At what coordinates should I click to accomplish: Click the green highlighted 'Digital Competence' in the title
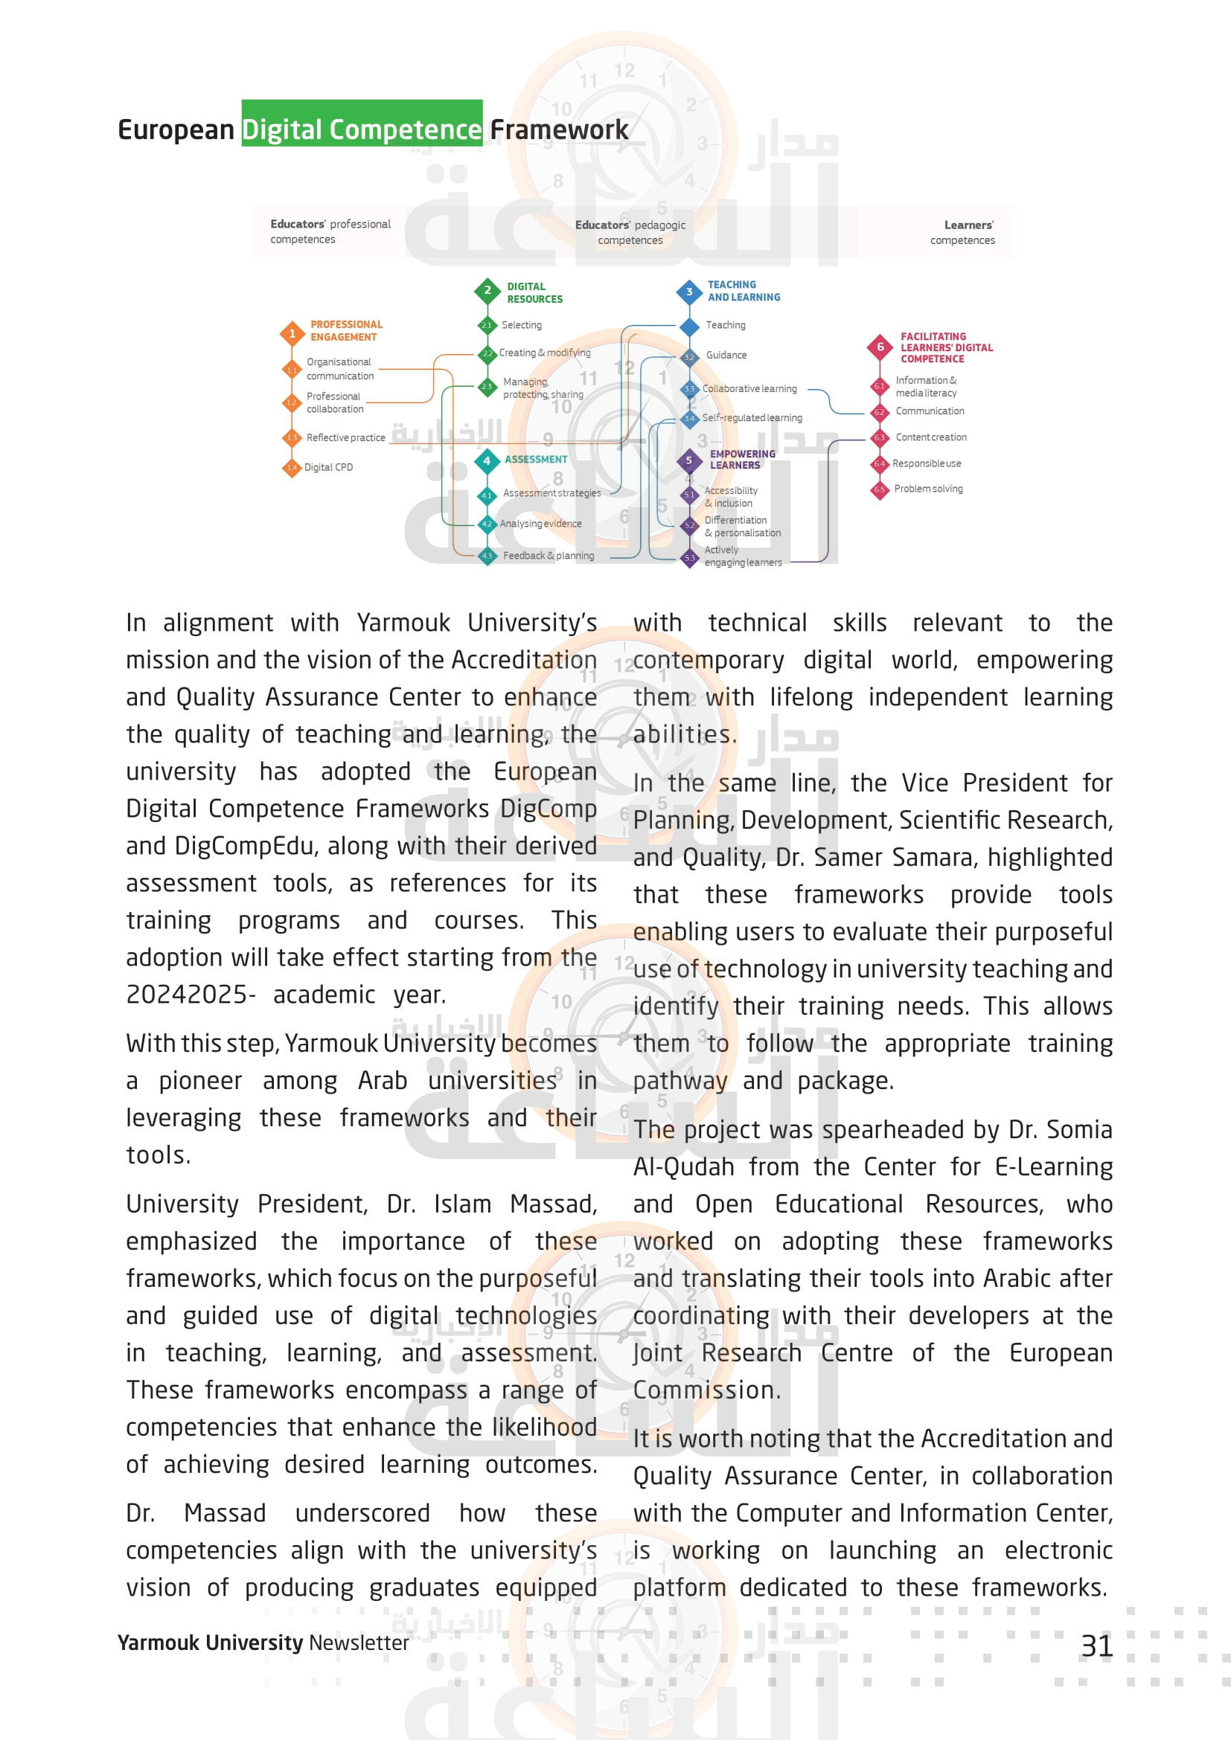click(x=362, y=129)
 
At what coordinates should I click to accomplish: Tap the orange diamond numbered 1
click(x=292, y=333)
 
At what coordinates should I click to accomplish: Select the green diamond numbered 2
click(x=487, y=290)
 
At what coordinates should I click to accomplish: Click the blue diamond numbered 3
click(x=689, y=292)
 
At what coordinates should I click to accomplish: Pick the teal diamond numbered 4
click(x=487, y=460)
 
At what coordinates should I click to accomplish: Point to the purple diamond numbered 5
click(x=689, y=460)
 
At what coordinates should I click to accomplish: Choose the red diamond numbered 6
click(x=880, y=347)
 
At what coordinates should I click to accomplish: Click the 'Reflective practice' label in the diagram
click(x=345, y=438)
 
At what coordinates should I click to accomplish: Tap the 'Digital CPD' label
click(x=328, y=468)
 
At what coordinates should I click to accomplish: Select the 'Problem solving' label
click(x=929, y=489)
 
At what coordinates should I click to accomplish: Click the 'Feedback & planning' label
click(x=548, y=556)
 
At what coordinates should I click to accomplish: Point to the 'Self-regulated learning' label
click(x=752, y=418)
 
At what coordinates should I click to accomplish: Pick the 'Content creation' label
click(x=931, y=437)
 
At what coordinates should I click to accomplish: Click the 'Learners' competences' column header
click(x=962, y=233)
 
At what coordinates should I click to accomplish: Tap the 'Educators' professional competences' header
click(x=330, y=232)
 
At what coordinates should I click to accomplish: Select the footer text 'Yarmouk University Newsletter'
click(x=263, y=1643)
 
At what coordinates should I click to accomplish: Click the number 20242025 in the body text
click(x=186, y=995)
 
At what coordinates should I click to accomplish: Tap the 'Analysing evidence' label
click(x=540, y=524)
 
